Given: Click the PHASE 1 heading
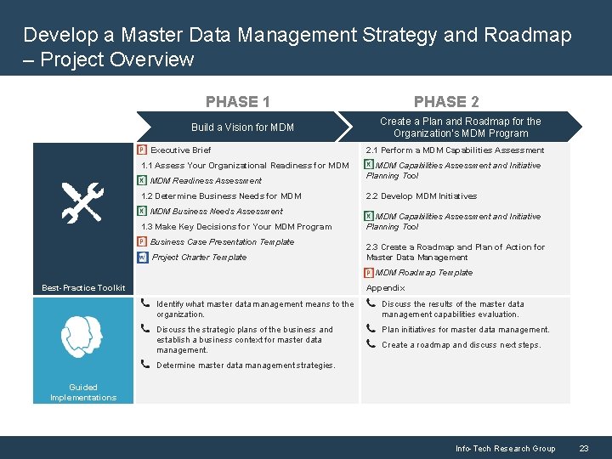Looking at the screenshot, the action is tap(238, 102).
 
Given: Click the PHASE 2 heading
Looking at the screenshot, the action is tap(446, 102).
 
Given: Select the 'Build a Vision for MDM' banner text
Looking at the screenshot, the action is tap(242, 127).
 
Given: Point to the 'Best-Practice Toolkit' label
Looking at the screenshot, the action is tap(83, 288).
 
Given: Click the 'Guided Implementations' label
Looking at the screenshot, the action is tap(83, 393).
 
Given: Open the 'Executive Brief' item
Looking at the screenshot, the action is tap(180, 150).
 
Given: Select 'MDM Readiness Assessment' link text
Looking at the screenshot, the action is tap(206, 181).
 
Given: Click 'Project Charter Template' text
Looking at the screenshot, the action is tap(199, 258).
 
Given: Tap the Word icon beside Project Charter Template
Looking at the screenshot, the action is tap(142, 258).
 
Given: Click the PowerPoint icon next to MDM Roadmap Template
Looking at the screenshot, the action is tap(369, 273).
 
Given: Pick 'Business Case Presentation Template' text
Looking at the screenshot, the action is tap(222, 242).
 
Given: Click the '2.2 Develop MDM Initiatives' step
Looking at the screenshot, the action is tap(421, 196).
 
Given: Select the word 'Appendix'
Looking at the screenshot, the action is tap(385, 288).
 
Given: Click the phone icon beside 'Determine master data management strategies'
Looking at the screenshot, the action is tap(148, 365).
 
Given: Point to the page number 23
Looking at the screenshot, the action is tap(584, 448).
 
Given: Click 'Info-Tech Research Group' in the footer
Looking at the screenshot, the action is tap(505, 448).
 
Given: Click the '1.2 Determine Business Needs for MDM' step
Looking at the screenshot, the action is tap(221, 196).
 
